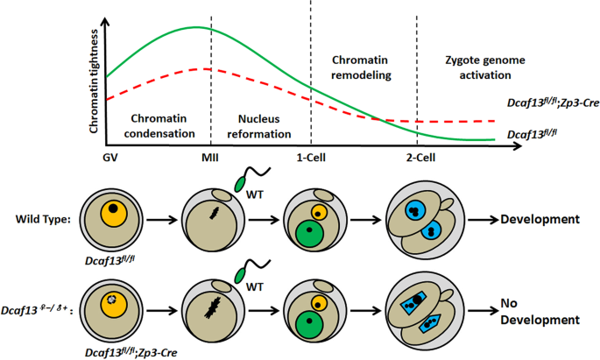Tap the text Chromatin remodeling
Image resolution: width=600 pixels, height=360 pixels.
(362, 68)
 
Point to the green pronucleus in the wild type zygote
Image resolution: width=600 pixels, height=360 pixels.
(306, 234)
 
